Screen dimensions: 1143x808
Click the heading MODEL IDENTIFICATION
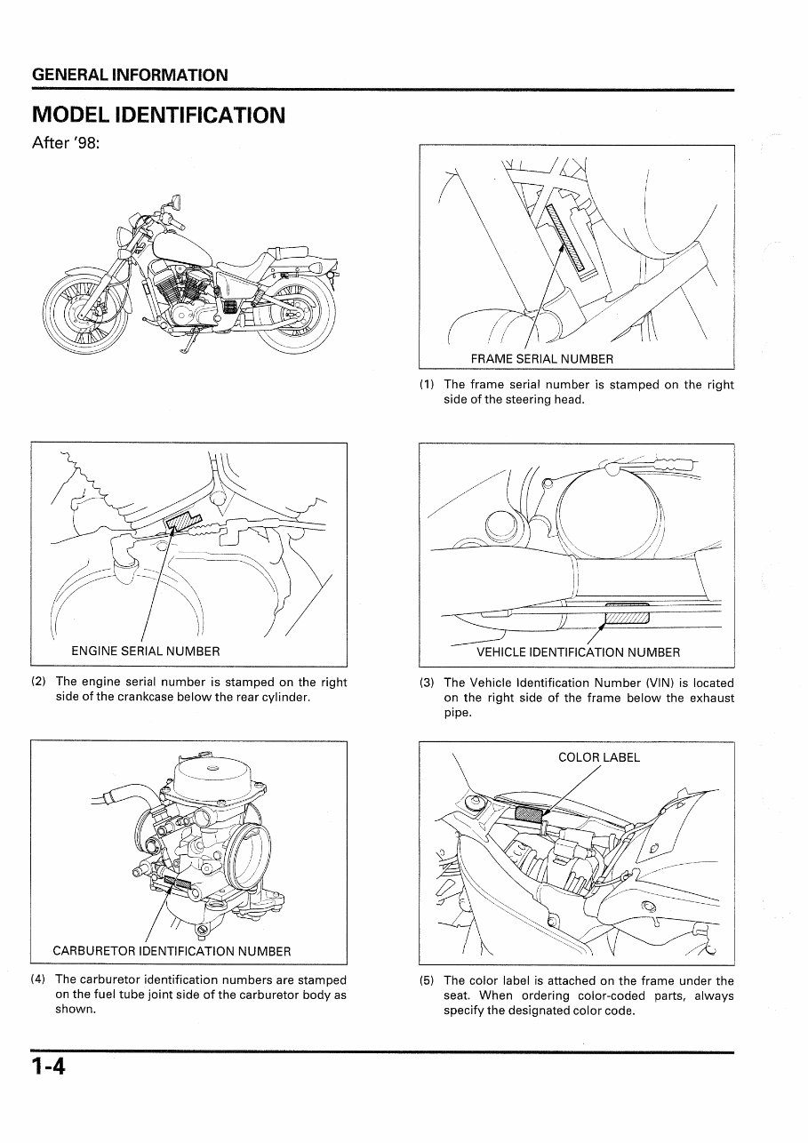pyautogui.click(x=158, y=116)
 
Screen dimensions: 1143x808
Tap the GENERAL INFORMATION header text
pyautogui.click(x=130, y=76)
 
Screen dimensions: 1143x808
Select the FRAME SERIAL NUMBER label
pyautogui.click(x=541, y=359)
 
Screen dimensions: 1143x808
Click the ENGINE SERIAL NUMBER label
pyautogui.click(x=145, y=651)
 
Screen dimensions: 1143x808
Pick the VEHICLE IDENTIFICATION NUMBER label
pyautogui.click(x=578, y=652)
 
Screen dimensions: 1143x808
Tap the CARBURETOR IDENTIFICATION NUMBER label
pyautogui.click(x=172, y=951)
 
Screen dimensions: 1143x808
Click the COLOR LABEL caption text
pyautogui.click(x=598, y=758)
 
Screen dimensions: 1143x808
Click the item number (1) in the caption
pyautogui.click(x=427, y=385)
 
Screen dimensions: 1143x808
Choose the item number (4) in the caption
pyautogui.click(x=38, y=980)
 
